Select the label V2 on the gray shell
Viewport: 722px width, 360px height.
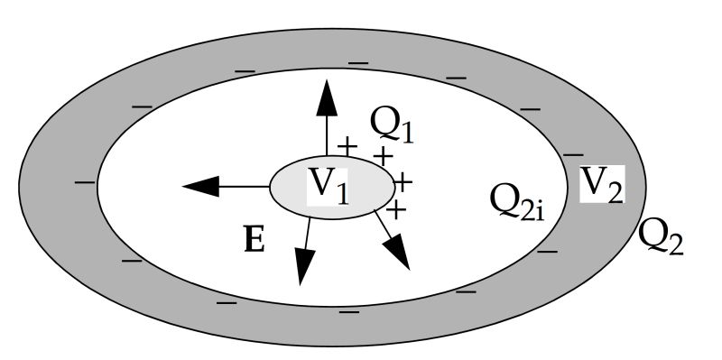(600, 185)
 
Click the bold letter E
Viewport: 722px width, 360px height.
(255, 241)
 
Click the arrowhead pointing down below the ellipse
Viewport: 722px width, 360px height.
(301, 266)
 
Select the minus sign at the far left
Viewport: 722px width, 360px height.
(86, 182)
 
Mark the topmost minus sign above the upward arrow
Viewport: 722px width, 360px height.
(358, 62)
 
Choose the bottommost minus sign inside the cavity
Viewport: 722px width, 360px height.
(347, 310)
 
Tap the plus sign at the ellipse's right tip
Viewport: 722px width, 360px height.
(403, 183)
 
